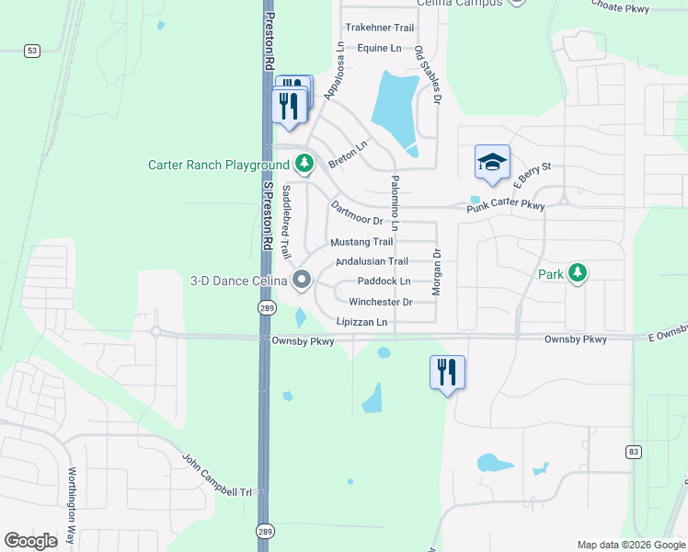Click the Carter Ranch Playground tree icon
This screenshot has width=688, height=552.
pyautogui.click(x=304, y=165)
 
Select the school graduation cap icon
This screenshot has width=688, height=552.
pyautogui.click(x=492, y=162)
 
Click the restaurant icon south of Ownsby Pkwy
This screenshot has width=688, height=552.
pyautogui.click(x=447, y=373)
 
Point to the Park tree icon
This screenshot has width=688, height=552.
pyautogui.click(x=577, y=273)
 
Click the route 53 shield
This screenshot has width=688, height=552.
pyautogui.click(x=32, y=52)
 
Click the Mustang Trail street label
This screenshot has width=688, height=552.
pyautogui.click(x=361, y=242)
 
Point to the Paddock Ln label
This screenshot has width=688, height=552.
pyautogui.click(x=384, y=281)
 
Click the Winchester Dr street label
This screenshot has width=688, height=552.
pyautogui.click(x=380, y=302)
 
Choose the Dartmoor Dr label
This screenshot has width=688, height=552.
pyautogui.click(x=356, y=213)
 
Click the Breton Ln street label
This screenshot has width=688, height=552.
pyautogui.click(x=348, y=153)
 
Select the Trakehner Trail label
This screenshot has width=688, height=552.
pyautogui.click(x=378, y=28)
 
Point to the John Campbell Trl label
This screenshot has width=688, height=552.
pyautogui.click(x=217, y=475)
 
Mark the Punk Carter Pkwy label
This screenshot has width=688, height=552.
pyautogui.click(x=505, y=207)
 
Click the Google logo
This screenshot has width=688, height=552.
pyautogui.click(x=31, y=540)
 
